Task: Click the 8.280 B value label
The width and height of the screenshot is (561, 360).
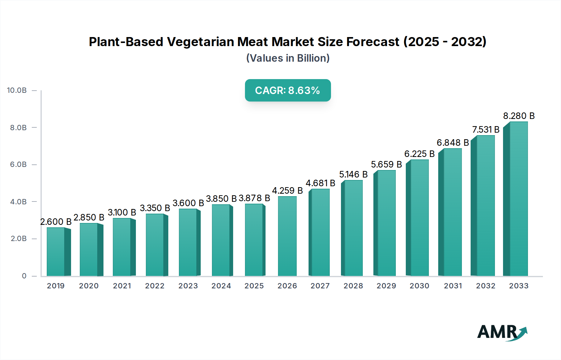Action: coord(519,116)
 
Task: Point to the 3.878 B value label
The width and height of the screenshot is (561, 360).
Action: coord(254,198)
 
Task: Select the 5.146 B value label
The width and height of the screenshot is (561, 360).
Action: coord(353,174)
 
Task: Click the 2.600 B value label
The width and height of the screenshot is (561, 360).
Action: coord(56,222)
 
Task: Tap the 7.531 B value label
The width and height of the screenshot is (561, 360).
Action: coord(486,130)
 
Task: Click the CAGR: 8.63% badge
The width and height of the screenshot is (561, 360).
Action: coord(288,90)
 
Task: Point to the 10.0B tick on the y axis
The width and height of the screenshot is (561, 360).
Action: coord(17,90)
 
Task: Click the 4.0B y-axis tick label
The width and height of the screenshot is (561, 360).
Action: coord(18,202)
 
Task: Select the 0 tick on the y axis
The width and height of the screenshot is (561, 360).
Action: coord(24,276)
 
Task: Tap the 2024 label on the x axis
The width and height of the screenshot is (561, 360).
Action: coord(221,286)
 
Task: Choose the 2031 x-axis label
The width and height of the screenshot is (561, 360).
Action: coord(453,286)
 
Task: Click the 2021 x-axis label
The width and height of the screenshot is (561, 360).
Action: coord(122,286)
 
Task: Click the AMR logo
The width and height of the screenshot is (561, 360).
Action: coord(502,332)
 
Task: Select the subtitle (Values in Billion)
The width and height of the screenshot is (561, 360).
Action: coord(288,58)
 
